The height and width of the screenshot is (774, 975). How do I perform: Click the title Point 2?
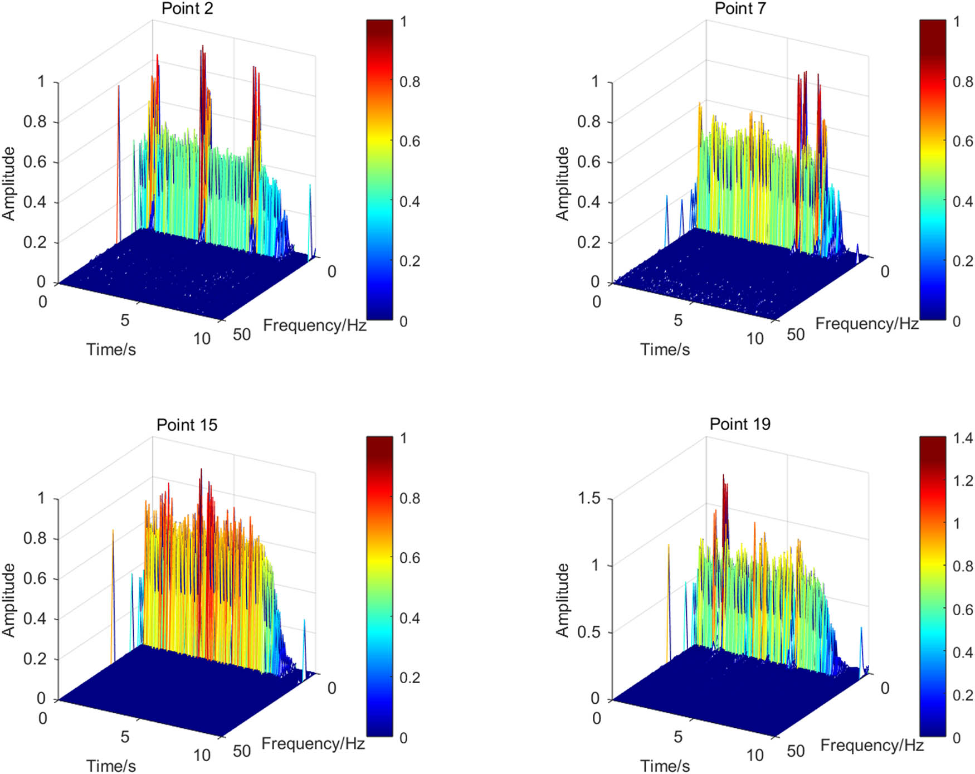187,9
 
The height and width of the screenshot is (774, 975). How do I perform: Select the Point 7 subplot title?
740,9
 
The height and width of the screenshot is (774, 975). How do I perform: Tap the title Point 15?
187,425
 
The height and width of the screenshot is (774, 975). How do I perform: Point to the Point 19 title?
740,425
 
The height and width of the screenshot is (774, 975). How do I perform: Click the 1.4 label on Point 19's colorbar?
963,439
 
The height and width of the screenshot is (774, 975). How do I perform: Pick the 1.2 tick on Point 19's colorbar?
963,481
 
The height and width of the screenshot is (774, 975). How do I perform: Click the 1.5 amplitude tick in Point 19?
589,498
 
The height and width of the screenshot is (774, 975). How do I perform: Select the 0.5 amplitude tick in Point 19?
589,632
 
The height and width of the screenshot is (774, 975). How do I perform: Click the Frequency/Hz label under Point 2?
314,325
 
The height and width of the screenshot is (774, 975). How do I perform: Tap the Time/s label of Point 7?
665,349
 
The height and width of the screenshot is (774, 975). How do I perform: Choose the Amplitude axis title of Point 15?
9,600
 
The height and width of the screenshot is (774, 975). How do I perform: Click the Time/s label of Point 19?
665,766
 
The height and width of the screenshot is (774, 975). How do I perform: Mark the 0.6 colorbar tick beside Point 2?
409,142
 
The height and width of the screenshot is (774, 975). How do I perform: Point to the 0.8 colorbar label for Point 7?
963,82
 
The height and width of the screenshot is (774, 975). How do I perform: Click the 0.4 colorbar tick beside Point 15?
409,618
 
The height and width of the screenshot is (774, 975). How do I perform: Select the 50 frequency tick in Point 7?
796,334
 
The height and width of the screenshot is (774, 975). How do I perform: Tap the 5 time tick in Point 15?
125,737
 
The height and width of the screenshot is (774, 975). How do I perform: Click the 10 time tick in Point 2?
202,339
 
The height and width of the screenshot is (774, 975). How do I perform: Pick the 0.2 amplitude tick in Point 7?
589,242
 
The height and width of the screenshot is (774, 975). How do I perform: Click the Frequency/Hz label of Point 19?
872,746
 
